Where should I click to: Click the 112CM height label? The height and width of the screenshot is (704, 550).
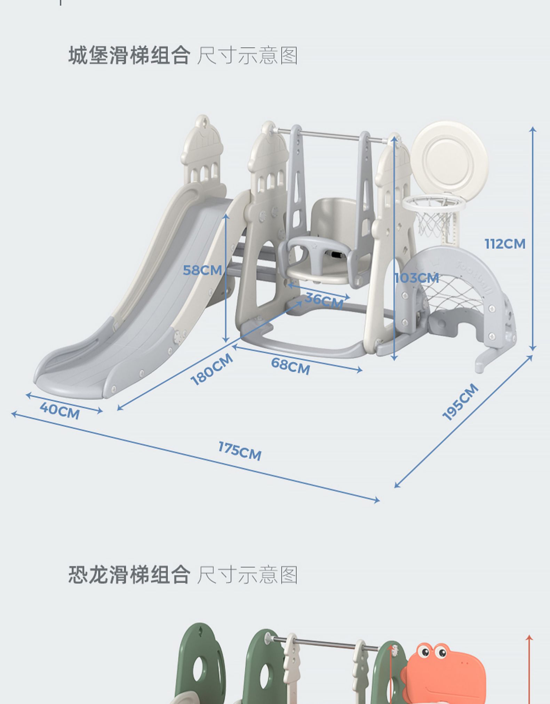point(505,244)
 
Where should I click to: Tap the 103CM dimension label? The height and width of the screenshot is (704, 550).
point(417,278)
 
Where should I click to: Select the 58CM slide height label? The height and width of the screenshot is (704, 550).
point(202,270)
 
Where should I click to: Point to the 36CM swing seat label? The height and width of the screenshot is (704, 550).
point(324,301)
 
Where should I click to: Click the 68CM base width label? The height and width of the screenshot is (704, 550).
point(290,366)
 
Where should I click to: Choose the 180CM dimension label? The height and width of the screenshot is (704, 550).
point(212,369)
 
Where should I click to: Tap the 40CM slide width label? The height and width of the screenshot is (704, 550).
point(59,411)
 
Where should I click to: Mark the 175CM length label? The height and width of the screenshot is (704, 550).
point(240,451)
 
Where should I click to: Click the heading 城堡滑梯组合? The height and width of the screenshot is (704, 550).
point(129,55)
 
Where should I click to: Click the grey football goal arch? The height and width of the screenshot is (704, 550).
point(456,299)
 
